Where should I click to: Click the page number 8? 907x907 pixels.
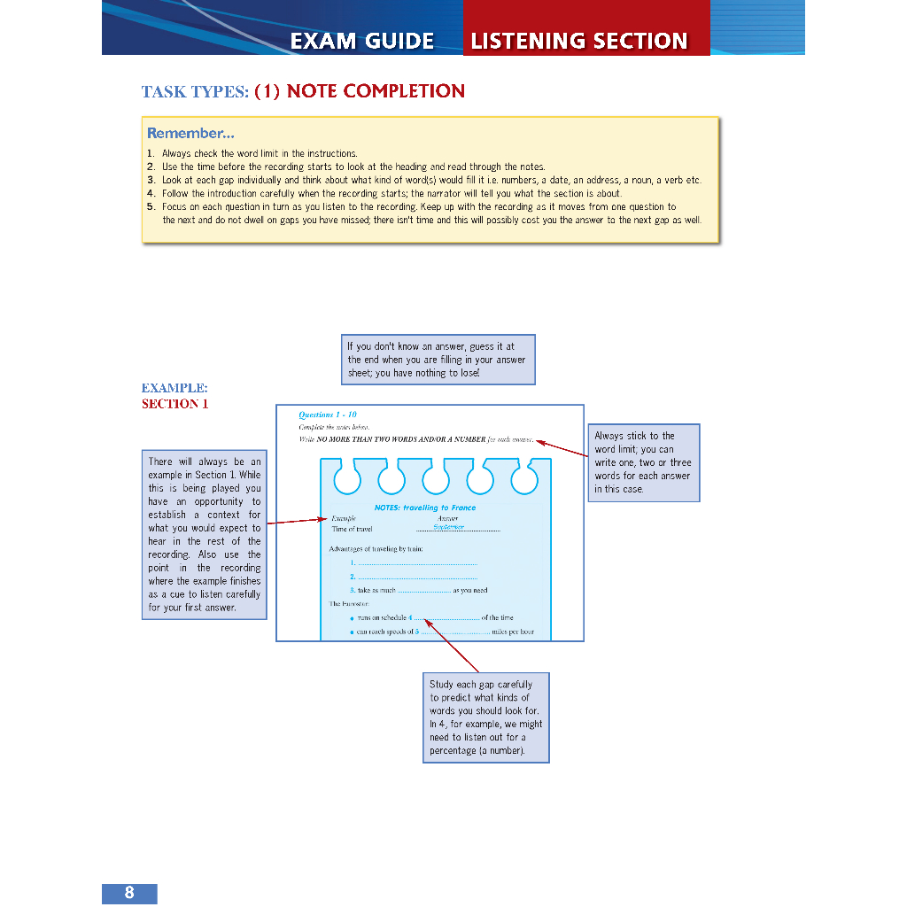coord(129,893)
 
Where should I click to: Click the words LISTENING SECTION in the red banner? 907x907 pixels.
coord(579,41)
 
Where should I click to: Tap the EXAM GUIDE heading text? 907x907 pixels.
coord(362,41)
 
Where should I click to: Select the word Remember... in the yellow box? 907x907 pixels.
coord(190,134)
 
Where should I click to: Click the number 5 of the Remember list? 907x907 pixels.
coord(151,206)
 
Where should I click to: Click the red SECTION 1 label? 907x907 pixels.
coord(175,404)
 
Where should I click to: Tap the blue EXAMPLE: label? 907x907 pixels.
coord(174,388)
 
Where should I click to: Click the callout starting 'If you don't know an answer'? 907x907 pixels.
coord(438,360)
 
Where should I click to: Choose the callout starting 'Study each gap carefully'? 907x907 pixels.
coord(486,717)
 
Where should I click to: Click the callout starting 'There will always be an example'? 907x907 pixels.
coord(205,534)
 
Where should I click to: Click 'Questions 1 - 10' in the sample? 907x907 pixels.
coord(328,415)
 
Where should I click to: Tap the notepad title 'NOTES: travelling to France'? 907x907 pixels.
coord(425,508)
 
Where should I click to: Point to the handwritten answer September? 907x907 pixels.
coord(448,526)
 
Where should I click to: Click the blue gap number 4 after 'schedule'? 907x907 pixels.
coord(411,617)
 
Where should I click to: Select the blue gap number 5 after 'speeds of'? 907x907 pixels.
coord(416,632)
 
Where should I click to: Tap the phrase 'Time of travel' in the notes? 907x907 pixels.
coord(353,529)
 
